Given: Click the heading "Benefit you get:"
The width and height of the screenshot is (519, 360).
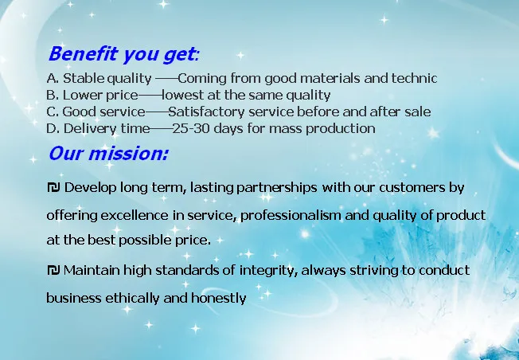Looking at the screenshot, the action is click(x=124, y=54).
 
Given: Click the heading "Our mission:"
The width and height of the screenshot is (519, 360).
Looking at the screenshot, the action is click(x=108, y=154).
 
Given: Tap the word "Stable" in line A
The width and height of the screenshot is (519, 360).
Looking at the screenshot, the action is click(x=84, y=79).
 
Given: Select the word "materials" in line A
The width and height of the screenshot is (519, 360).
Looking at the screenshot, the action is click(x=330, y=79).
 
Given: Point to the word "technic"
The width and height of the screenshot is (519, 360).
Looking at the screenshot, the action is click(x=415, y=79).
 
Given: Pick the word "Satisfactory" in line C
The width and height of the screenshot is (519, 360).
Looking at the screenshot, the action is click(x=206, y=112).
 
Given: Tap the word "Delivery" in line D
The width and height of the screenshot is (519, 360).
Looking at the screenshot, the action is click(x=90, y=129).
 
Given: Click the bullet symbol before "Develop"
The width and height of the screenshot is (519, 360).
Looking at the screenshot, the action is click(x=53, y=187).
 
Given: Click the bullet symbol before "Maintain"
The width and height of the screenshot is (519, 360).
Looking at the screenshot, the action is click(x=53, y=270).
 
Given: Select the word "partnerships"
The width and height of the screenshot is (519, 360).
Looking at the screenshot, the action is click(x=277, y=188).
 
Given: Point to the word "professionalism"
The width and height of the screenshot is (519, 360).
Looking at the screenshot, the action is click(x=291, y=216).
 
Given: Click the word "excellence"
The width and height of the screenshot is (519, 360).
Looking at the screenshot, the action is click(x=135, y=216).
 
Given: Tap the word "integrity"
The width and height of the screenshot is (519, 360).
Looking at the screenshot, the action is click(x=267, y=271).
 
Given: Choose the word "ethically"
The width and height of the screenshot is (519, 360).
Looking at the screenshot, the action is click(x=132, y=299).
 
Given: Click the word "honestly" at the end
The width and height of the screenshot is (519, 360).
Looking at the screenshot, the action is click(x=218, y=299).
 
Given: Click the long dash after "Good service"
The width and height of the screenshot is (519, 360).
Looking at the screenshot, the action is click(x=157, y=112).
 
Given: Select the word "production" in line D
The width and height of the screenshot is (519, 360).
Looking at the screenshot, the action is click(x=341, y=129).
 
